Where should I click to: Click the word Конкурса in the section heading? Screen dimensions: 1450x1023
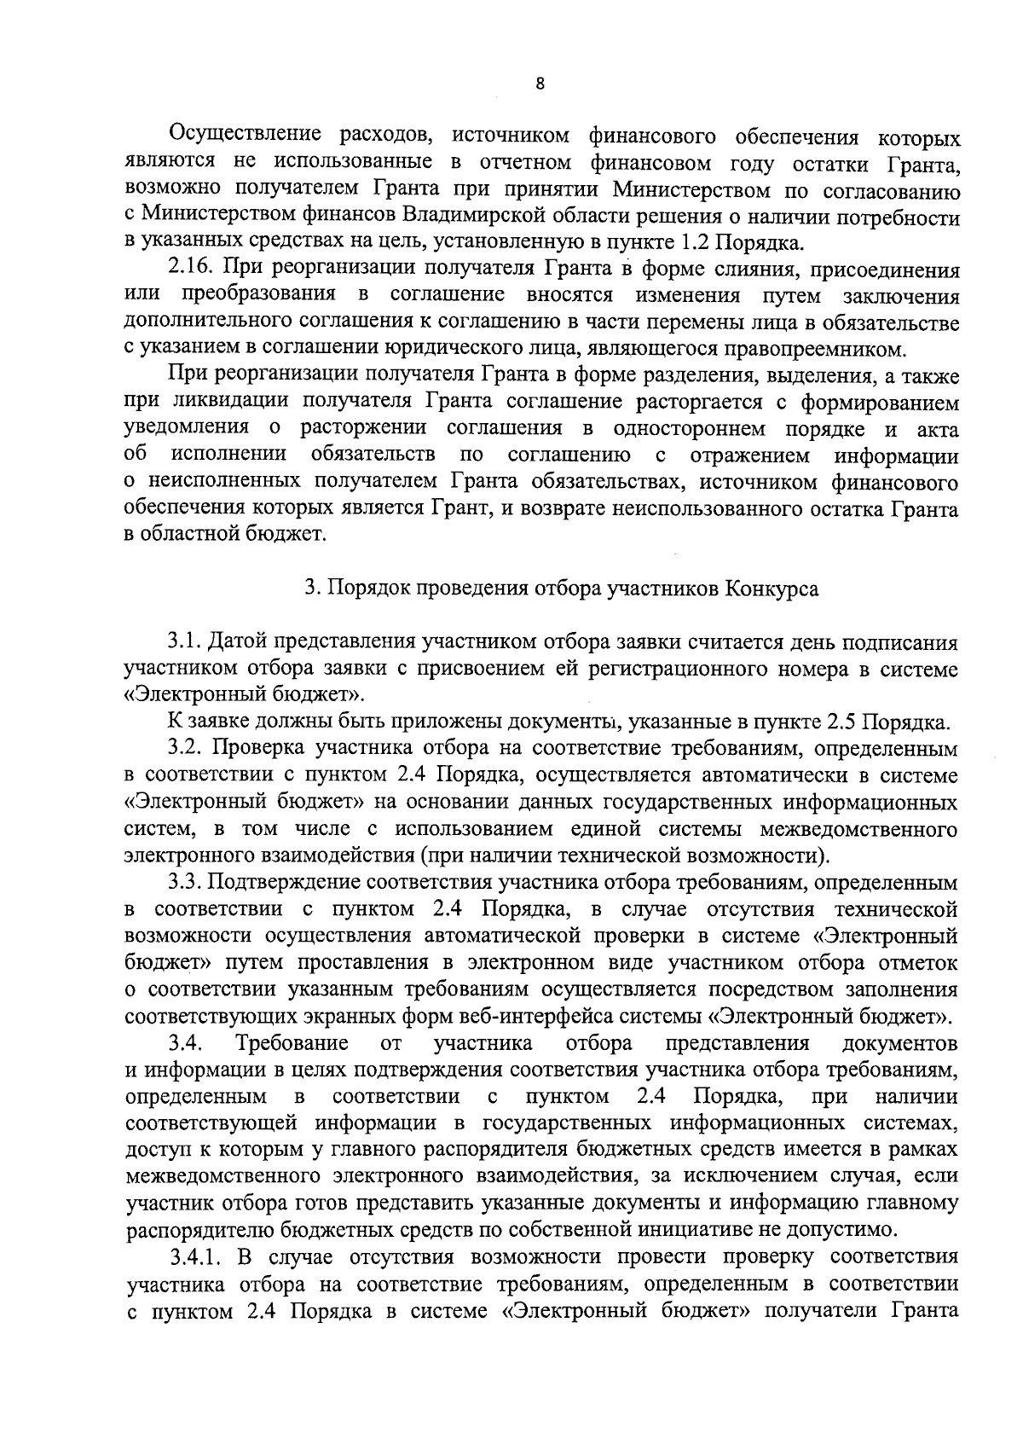click(x=772, y=589)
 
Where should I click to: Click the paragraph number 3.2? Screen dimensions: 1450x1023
click(x=184, y=749)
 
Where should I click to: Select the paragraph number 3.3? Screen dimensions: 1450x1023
click(x=184, y=882)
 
